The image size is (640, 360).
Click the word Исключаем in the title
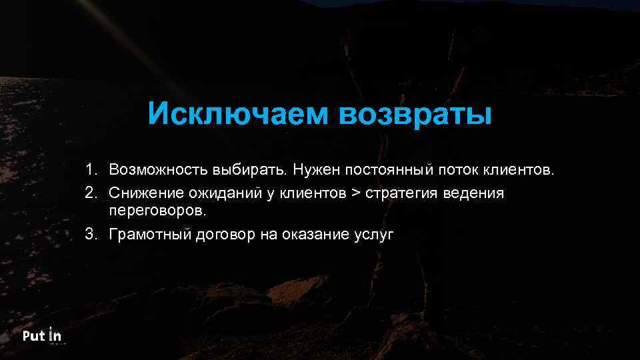pos(238,113)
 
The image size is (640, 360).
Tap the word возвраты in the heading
pos(415,113)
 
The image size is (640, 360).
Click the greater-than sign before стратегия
pos(355,194)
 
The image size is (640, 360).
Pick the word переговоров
pos(158,211)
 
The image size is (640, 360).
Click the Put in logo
pos(42,336)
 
